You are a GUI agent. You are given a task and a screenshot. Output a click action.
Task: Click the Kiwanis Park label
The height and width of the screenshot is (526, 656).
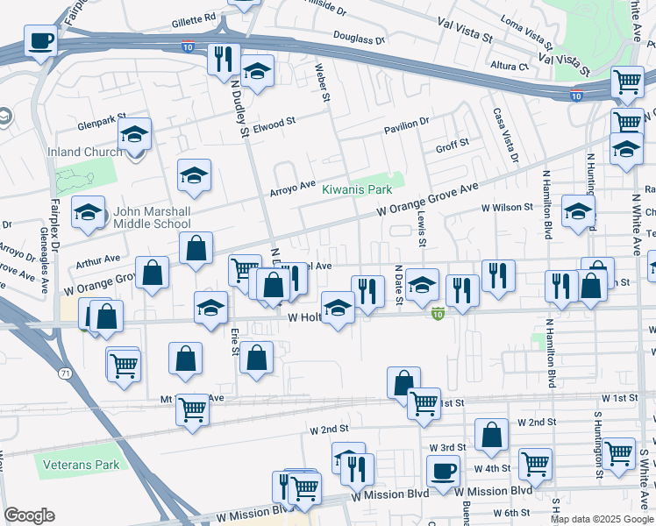tap(356, 189)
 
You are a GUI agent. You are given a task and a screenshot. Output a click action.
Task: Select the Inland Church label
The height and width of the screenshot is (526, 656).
tap(85, 152)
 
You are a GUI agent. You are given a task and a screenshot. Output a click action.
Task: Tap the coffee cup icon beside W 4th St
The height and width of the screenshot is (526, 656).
tap(443, 470)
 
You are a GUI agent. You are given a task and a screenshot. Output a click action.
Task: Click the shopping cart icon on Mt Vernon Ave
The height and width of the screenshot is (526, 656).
tap(192, 408)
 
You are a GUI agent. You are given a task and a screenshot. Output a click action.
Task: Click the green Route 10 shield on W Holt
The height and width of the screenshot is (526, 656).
tap(437, 313)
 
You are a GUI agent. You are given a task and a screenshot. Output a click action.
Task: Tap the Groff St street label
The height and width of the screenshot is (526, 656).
tap(453, 145)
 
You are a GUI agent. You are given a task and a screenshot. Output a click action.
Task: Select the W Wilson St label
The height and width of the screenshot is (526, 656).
tap(506, 208)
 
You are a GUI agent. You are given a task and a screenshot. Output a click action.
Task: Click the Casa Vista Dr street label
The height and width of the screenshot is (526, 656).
tap(506, 134)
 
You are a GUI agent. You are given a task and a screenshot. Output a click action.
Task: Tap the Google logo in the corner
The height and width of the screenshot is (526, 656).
tap(28, 515)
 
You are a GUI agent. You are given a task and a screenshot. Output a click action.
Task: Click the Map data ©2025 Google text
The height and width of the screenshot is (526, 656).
tap(601, 519)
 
